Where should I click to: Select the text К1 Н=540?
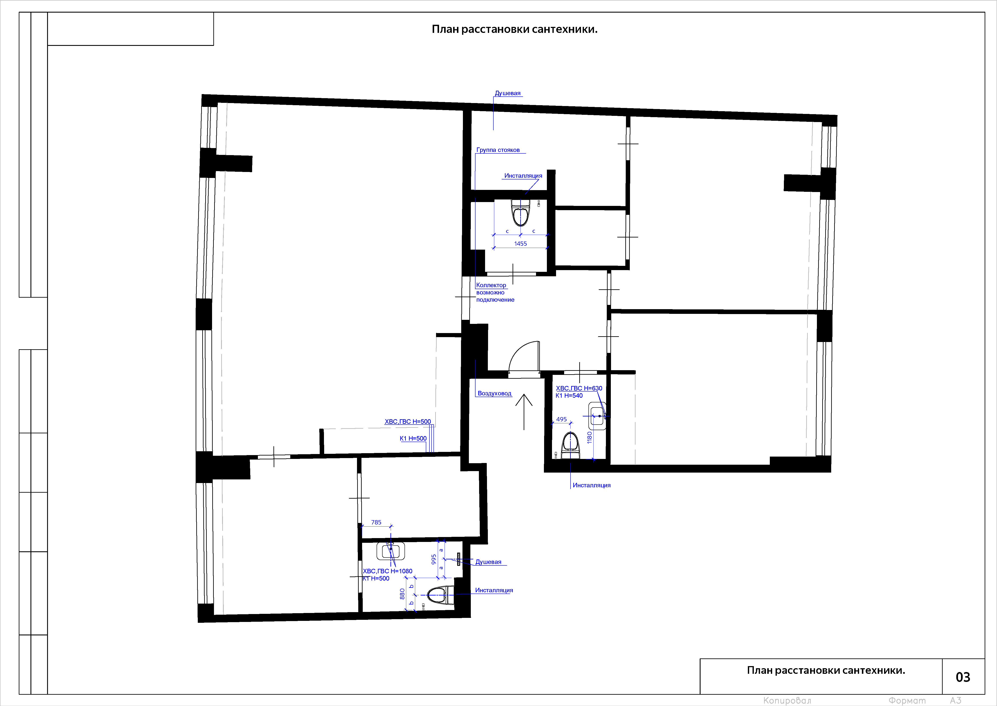569,396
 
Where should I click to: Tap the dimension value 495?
561,419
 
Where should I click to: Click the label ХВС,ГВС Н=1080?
387,571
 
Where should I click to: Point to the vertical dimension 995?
433,559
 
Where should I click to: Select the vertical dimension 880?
402,594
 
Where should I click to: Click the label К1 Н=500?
413,439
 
